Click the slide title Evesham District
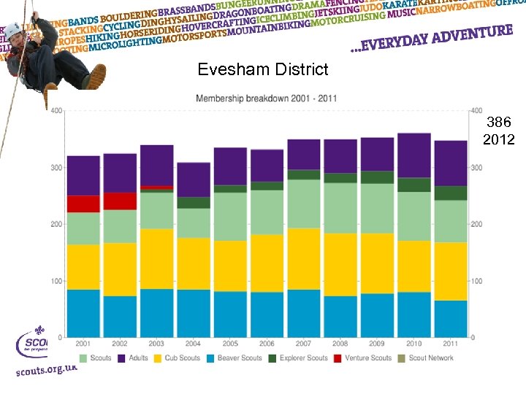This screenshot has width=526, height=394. pyautogui.click(x=263, y=70)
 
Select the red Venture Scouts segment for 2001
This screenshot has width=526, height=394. pyautogui.click(x=83, y=204)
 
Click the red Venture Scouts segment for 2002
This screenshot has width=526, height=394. pyautogui.click(x=120, y=201)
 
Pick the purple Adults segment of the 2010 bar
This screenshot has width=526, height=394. pyautogui.click(x=413, y=155)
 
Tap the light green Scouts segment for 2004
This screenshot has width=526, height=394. pyautogui.click(x=194, y=223)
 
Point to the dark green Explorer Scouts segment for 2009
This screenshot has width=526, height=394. pyautogui.click(x=377, y=177)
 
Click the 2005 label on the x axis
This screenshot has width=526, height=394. pyautogui.click(x=230, y=344)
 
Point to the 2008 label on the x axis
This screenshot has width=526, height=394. pyautogui.click(x=340, y=344)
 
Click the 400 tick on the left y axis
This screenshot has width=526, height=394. pyautogui.click(x=56, y=111)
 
